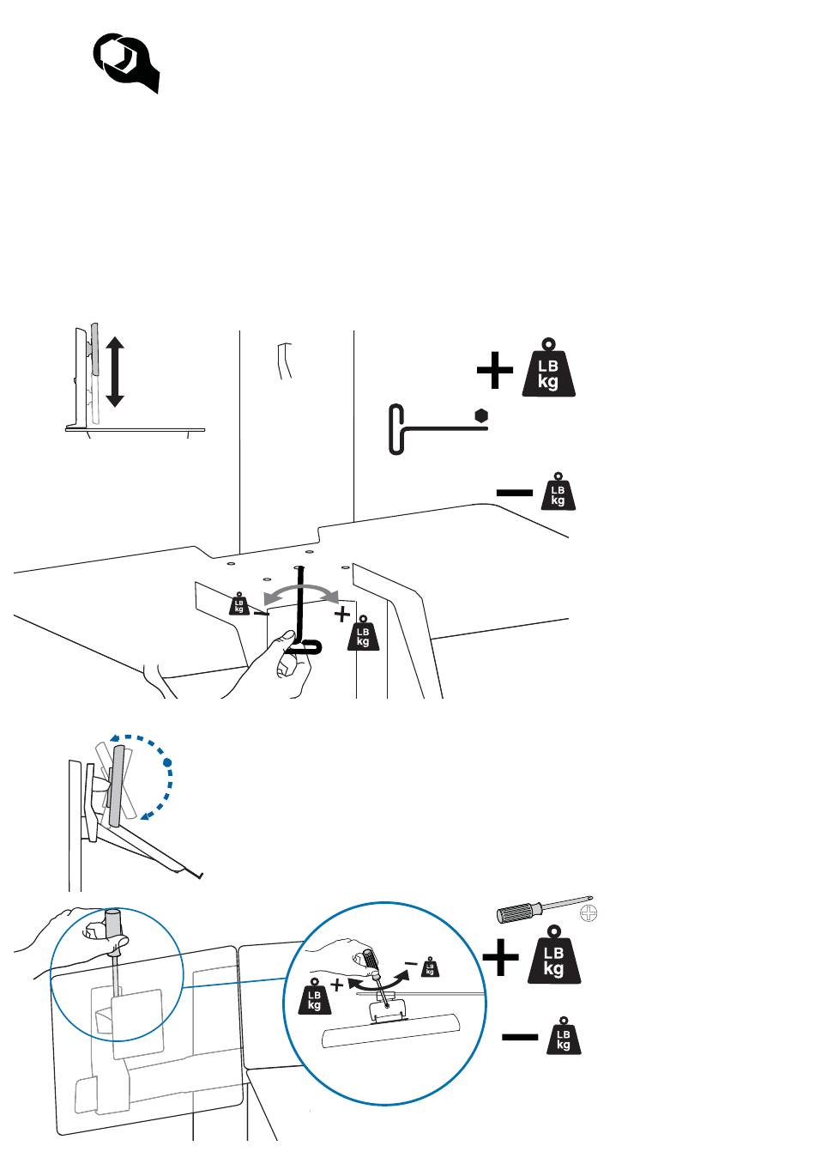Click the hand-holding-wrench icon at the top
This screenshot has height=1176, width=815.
click(x=125, y=62)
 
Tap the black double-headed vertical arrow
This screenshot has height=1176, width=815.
click(x=115, y=373)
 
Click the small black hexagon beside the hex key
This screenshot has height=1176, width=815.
click(x=481, y=415)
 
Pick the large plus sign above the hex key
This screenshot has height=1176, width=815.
click(x=494, y=371)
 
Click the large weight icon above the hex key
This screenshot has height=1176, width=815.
click(x=548, y=367)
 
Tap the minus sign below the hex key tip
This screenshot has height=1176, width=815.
click(x=514, y=493)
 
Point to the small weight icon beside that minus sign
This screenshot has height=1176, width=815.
click(x=558, y=491)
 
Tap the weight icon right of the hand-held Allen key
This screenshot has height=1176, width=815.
click(x=363, y=633)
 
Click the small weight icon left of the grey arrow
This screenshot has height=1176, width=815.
click(x=238, y=603)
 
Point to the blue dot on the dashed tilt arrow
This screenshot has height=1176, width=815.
click(x=167, y=761)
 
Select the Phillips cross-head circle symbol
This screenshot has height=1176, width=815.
click(x=589, y=913)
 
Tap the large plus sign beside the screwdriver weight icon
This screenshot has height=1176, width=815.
click(x=500, y=957)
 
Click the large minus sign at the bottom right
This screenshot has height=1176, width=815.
click(x=520, y=1037)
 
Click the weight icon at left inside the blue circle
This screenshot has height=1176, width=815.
click(x=314, y=996)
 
